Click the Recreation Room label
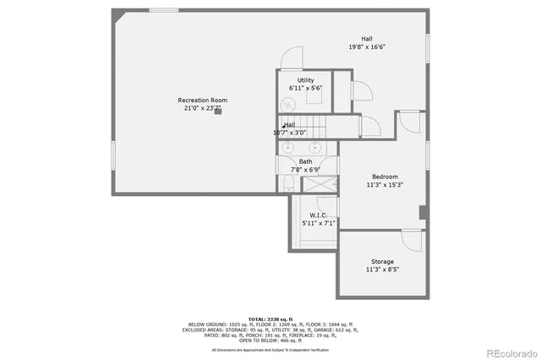202,100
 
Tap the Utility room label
305,80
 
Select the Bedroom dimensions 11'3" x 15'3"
384,184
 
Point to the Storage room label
382,261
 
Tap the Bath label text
305,161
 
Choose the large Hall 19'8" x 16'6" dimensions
367,47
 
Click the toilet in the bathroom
287,183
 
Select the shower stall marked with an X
320,183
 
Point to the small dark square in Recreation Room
218,110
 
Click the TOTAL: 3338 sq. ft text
270,319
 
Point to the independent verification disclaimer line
270,349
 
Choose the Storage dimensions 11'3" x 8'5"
382,270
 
